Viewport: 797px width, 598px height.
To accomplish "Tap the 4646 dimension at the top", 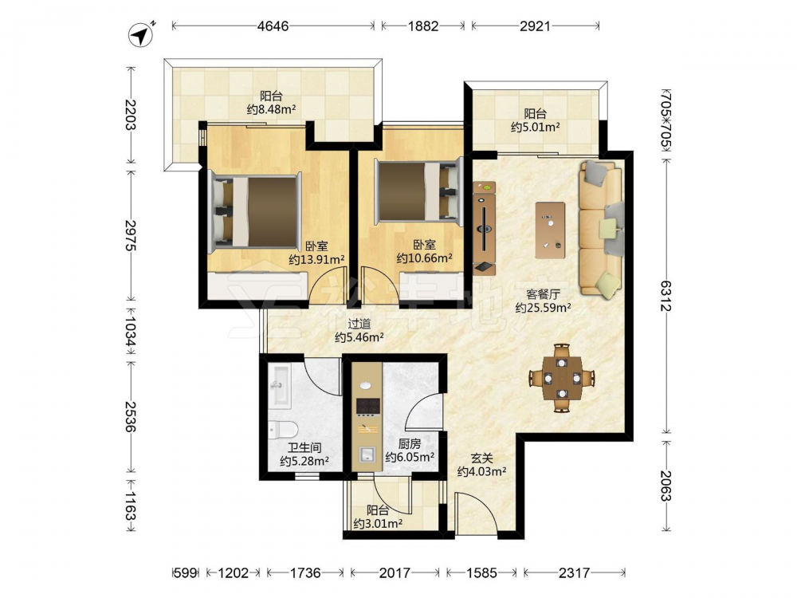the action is click(273, 26).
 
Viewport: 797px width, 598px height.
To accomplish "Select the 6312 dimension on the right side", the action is click(666, 294).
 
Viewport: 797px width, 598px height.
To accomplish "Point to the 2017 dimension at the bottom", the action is click(395, 573).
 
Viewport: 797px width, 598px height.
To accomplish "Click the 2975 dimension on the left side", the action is click(131, 235).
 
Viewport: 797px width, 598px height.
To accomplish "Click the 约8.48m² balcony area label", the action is click(272, 108).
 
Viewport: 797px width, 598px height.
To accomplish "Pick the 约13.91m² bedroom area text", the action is click(316, 259).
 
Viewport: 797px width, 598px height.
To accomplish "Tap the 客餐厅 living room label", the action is click(543, 294).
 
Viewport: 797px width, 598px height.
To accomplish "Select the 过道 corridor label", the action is click(359, 324).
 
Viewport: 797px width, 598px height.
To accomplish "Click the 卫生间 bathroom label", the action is click(304, 448).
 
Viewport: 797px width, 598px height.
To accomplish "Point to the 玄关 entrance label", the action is click(481, 458).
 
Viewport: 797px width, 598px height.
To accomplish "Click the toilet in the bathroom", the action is click(283, 431).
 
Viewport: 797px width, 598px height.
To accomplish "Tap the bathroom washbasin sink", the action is click(279, 387).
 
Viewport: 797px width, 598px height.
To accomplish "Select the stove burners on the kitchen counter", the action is click(368, 406).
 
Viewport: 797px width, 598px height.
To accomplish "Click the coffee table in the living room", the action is click(550, 230).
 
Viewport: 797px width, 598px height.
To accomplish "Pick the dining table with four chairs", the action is click(562, 378).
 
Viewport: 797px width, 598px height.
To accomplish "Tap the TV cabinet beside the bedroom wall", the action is click(485, 228).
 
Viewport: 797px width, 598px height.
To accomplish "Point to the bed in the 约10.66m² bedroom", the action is click(418, 191).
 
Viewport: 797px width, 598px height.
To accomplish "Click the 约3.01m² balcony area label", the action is click(378, 523).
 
